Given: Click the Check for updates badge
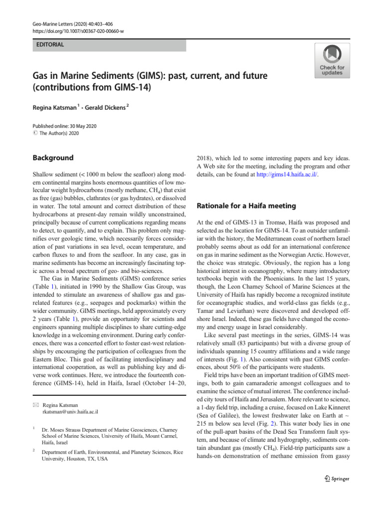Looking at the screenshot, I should pos(332,60).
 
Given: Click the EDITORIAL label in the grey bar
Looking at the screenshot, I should pos(50,45).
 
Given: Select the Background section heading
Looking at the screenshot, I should pos(53,158).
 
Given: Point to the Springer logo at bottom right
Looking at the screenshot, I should pos(331,479).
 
